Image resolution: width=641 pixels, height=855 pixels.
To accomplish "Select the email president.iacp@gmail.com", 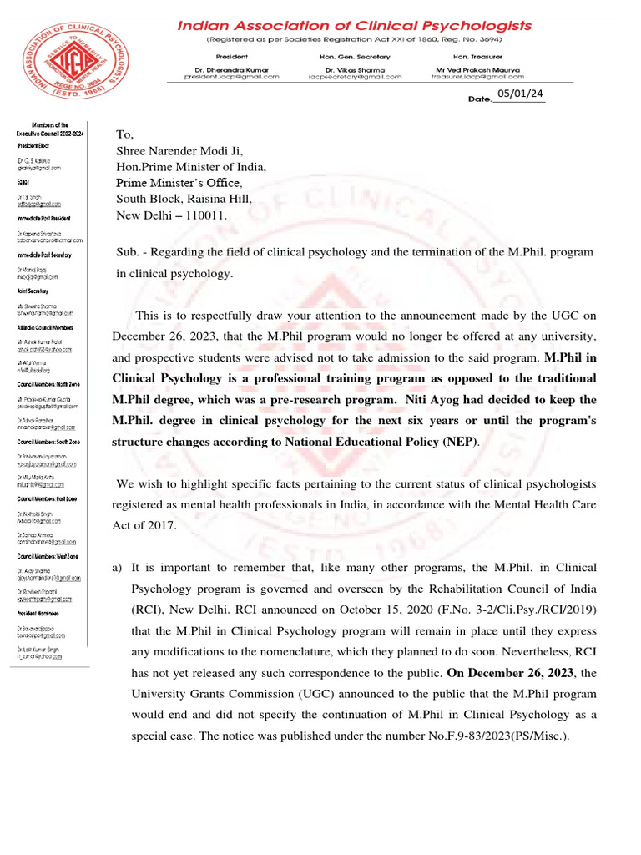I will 232,76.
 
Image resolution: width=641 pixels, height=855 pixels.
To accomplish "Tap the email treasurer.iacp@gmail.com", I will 475,76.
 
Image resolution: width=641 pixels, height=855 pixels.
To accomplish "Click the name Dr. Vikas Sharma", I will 354,68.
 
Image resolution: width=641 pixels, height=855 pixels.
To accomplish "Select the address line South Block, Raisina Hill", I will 183,199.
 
